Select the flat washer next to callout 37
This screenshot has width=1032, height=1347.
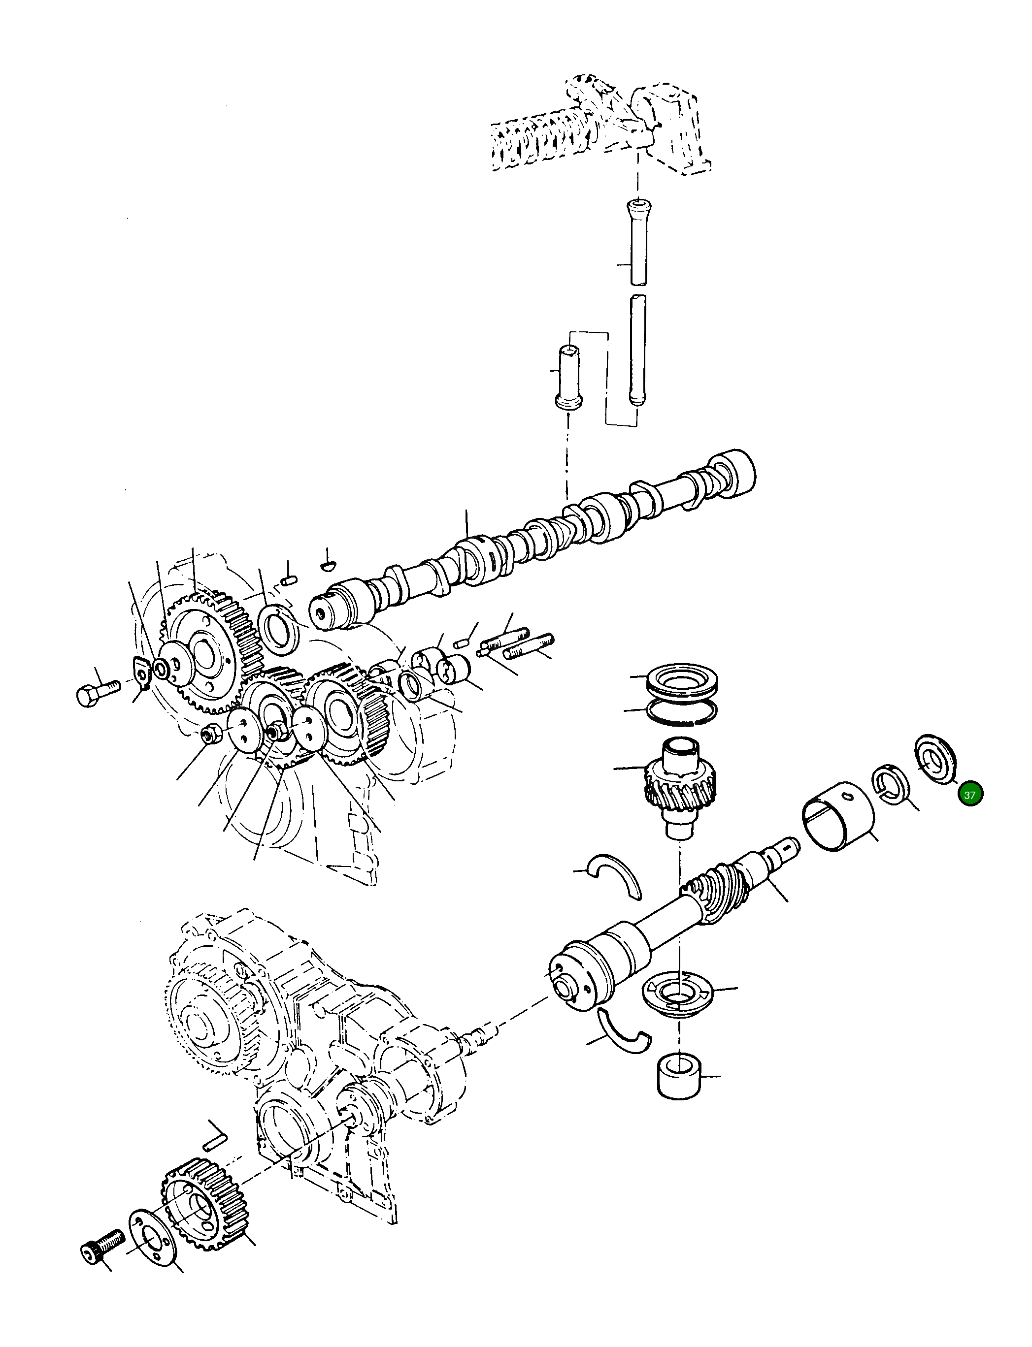935,757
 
